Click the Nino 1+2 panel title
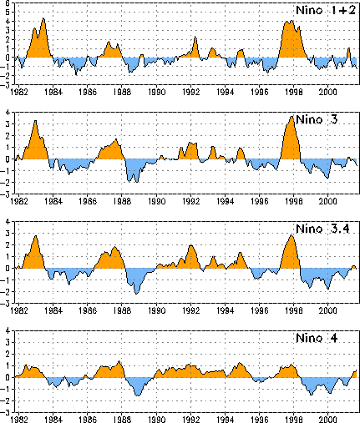click(326, 10)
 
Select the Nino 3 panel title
click(317, 119)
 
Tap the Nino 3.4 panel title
click(322, 229)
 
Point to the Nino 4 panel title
click(317, 338)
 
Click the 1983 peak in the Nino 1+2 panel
click(43, 18)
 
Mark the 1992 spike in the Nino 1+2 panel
click(195, 37)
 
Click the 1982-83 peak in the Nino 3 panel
click(35, 121)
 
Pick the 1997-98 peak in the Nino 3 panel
click(292, 117)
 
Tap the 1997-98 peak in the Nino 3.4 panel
click(292, 236)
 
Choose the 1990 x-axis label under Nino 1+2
click(156, 92)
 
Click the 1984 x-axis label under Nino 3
click(53, 201)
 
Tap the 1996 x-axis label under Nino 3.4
click(260, 310)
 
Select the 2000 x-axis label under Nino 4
click(328, 420)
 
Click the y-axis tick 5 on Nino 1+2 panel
click(8, 13)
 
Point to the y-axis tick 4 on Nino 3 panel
click(8, 113)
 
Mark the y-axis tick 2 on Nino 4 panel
click(8, 355)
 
